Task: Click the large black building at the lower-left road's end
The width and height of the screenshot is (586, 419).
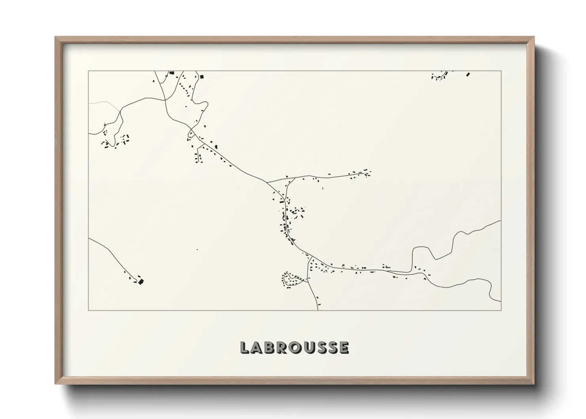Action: [141, 281]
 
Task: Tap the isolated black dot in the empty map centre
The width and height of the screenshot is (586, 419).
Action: [197, 249]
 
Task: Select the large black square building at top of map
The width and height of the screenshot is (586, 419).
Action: [201, 76]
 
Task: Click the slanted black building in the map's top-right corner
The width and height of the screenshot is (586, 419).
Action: [468, 74]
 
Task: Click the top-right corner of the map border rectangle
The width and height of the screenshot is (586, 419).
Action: [501, 71]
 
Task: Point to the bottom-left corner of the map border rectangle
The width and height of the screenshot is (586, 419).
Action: [89, 310]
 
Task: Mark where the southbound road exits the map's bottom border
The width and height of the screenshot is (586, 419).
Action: [318, 310]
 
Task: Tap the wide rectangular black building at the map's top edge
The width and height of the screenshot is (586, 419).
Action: [172, 73]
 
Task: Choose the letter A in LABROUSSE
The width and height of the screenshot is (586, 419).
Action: [258, 347]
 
